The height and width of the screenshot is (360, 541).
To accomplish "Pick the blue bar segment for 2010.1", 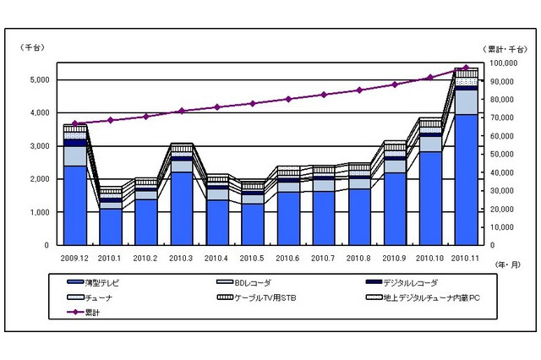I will tap(111, 227).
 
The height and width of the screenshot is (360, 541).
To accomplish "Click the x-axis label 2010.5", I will tap(253, 257).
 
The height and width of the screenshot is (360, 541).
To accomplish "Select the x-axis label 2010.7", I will tap(324, 257).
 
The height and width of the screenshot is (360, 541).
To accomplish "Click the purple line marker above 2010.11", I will tap(466, 68).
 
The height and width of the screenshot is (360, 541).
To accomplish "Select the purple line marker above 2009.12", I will tap(75, 123).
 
